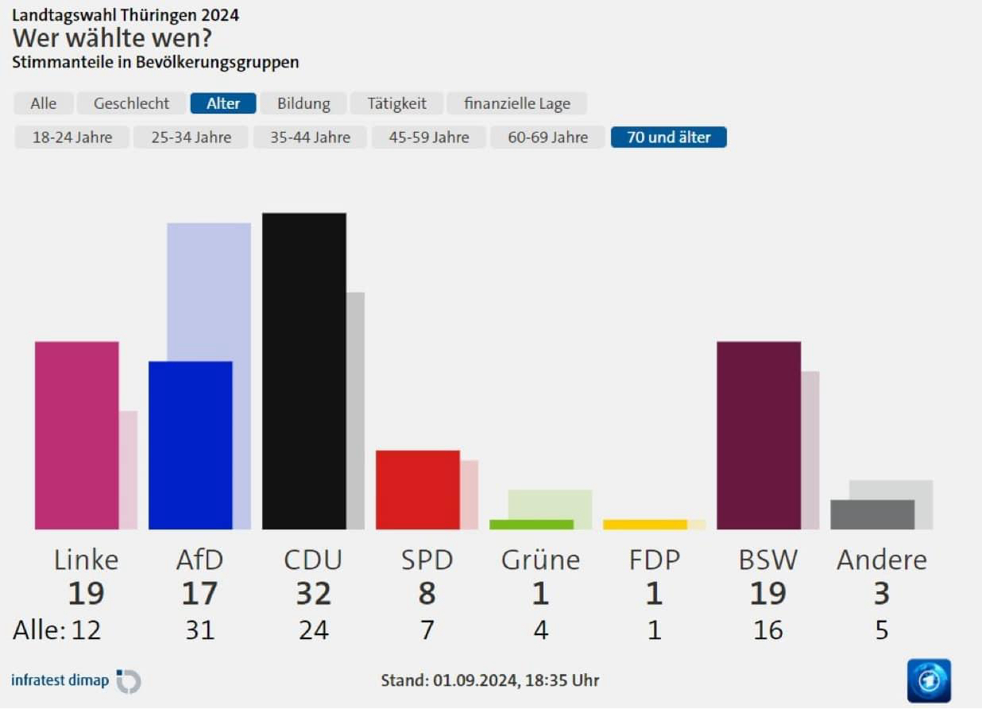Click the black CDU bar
pyautogui.click(x=303, y=370)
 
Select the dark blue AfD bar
pyautogui.click(x=190, y=445)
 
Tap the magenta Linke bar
pyautogui.click(x=76, y=435)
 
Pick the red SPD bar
pyautogui.click(x=417, y=490)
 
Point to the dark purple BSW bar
pyautogui.click(x=758, y=435)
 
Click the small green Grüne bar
pyautogui.click(x=531, y=525)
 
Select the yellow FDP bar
pyautogui.click(x=644, y=525)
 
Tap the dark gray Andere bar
pyautogui.click(x=872, y=514)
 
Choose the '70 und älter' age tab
pyautogui.click(x=668, y=138)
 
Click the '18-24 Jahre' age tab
pyautogui.click(x=72, y=138)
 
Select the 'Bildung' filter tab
pyautogui.click(x=303, y=103)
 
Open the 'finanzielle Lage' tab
pyautogui.click(x=517, y=103)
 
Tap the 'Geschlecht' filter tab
pyautogui.click(x=131, y=103)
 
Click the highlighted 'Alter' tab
pyautogui.click(x=223, y=103)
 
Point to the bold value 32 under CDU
pyautogui.click(x=313, y=594)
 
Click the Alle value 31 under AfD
pyautogui.click(x=200, y=630)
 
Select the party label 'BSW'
pyautogui.click(x=767, y=560)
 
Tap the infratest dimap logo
pyautogui.click(x=75, y=680)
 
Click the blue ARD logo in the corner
pyautogui.click(x=929, y=680)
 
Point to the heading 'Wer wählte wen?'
pyautogui.click(x=112, y=37)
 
